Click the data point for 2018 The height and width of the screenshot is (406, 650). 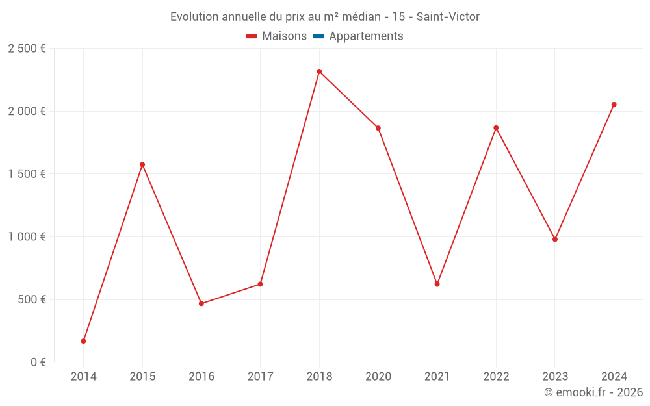point(319,71)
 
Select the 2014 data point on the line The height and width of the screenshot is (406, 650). point(83,341)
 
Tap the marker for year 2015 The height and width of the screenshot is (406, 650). point(142,165)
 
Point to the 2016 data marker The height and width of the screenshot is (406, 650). point(201,303)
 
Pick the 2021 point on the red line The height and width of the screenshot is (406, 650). point(437,284)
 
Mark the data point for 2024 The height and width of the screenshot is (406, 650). point(614,105)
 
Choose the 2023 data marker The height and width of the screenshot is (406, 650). point(555,239)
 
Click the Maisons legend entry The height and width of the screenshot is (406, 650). point(284,36)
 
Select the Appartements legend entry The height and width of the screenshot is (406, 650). point(366,36)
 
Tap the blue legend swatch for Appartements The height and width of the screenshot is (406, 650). point(318,36)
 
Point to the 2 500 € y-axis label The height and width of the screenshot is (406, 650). point(27,49)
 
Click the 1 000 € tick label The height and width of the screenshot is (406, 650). point(27,237)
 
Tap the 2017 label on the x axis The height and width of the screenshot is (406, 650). point(260,377)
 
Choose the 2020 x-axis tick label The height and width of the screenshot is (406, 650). point(378,377)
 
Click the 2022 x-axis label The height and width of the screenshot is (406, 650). point(496,377)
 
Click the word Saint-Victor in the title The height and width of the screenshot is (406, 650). point(448,17)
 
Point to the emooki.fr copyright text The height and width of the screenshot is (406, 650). point(593,392)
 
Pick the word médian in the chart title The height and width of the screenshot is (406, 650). point(360,17)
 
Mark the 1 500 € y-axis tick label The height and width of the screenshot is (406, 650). point(27,174)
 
